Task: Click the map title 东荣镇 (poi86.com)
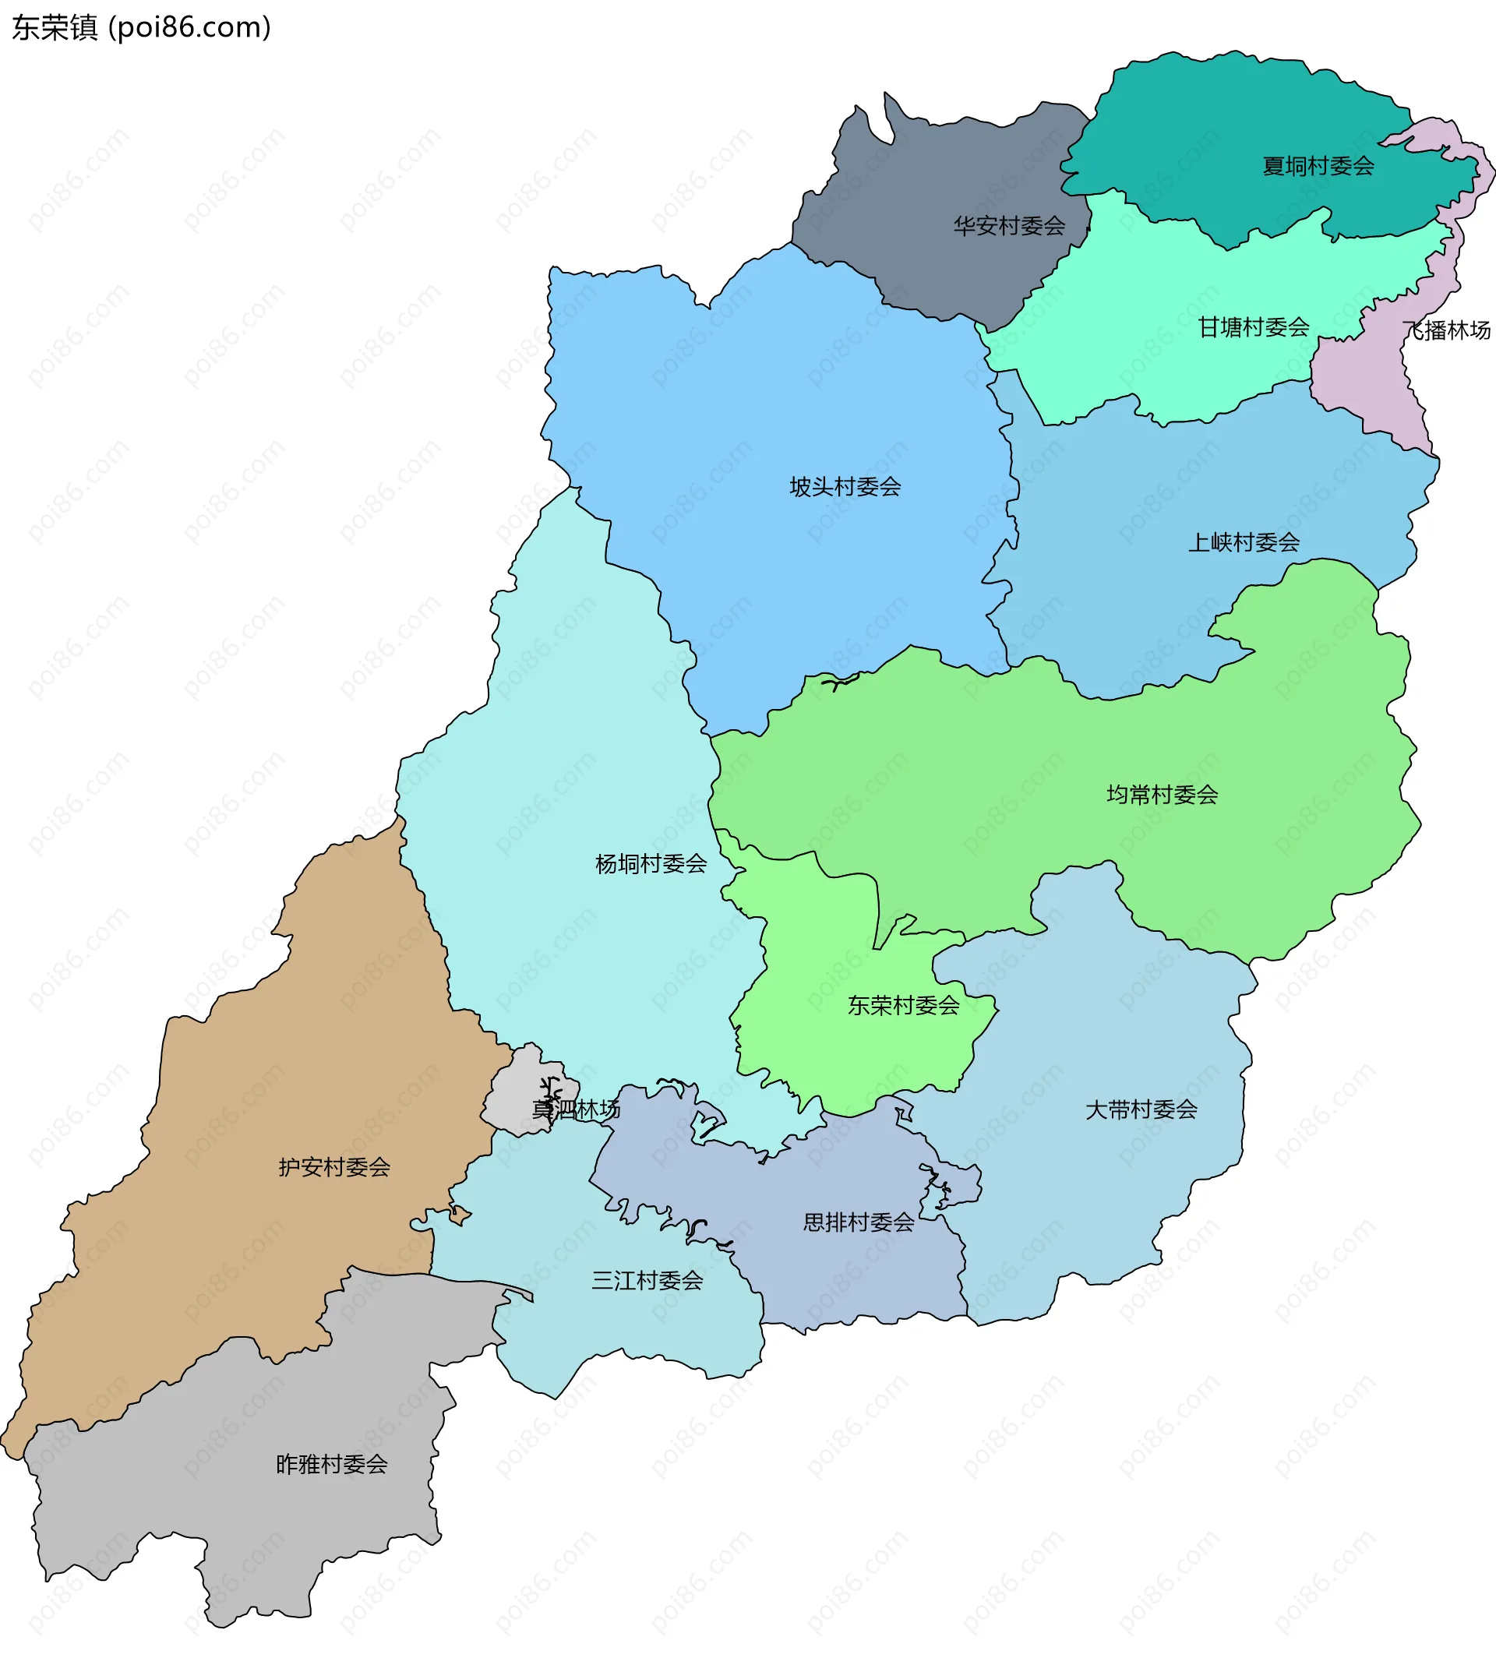(x=140, y=27)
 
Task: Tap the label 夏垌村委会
(x=1318, y=166)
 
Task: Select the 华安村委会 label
(x=1008, y=226)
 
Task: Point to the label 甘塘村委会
(x=1253, y=328)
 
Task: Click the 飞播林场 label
(x=1446, y=330)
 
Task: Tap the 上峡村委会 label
(x=1244, y=542)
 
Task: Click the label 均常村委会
(x=1163, y=795)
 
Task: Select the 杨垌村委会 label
(x=651, y=864)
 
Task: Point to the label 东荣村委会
(x=903, y=1006)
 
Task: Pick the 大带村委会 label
(x=1141, y=1110)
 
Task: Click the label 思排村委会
(x=858, y=1223)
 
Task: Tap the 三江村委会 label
(x=647, y=1280)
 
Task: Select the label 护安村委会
(x=333, y=1167)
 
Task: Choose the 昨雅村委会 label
(x=331, y=1465)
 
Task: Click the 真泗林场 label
(x=575, y=1110)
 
